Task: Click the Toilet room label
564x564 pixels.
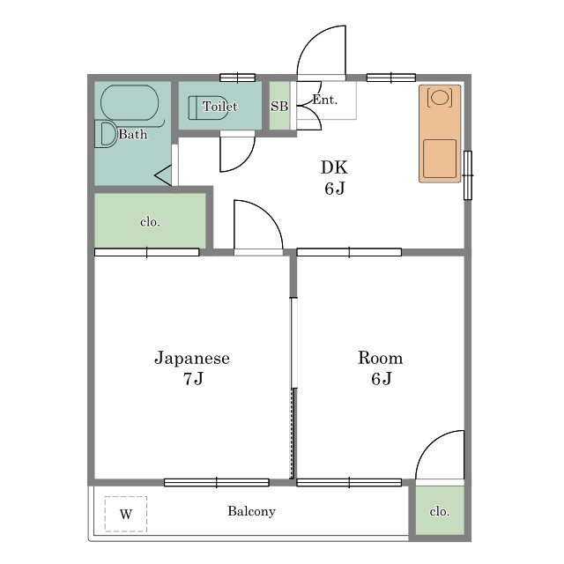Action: point(219,107)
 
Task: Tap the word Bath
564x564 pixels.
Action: point(133,135)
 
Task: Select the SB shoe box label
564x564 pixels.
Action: point(279,106)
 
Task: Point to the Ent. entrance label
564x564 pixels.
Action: point(325,100)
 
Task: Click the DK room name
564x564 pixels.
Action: point(334,167)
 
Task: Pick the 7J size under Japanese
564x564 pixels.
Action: point(193,378)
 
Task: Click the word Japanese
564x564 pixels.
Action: point(192,359)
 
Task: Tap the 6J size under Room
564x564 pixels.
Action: point(382,378)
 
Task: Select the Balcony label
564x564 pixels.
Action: point(251,511)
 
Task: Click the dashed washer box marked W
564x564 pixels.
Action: point(126,514)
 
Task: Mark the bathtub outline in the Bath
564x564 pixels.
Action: point(130,103)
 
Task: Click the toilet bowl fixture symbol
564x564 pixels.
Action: point(208,108)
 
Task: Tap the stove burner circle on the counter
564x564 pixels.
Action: point(440,97)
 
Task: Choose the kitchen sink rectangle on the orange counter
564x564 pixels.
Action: point(440,159)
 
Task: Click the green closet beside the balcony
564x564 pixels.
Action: point(440,511)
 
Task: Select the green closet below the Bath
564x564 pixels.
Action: point(150,220)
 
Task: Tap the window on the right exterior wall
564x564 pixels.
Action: point(468,175)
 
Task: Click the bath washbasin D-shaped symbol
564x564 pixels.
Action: point(106,134)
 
